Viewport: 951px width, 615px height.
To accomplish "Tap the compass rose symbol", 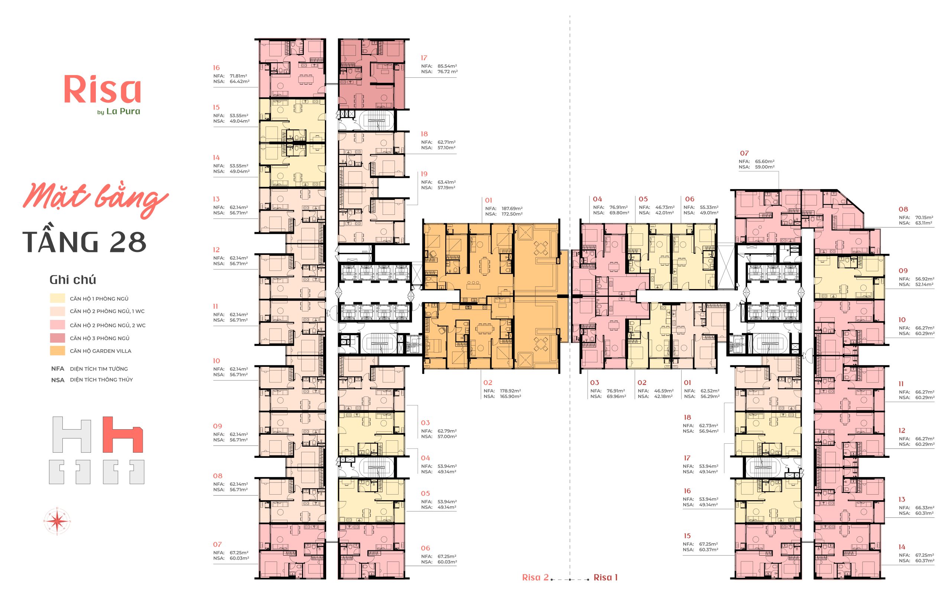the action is pyautogui.click(x=57, y=521).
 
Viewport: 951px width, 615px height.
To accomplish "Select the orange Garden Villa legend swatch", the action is pyautogui.click(x=58, y=351).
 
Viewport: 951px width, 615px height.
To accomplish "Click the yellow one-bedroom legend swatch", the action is pyautogui.click(x=58, y=298).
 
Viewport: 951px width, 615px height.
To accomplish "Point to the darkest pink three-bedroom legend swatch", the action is pyautogui.click(x=58, y=338).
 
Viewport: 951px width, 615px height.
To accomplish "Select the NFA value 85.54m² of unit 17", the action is pyautogui.click(x=447, y=66).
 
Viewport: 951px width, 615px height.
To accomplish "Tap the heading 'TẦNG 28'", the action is pyautogui.click(x=85, y=242).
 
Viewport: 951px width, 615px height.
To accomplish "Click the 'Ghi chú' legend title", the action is pyautogui.click(x=73, y=279).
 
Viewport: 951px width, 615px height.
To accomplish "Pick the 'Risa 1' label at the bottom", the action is pyautogui.click(x=605, y=577).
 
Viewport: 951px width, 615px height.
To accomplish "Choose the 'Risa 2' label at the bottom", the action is pyautogui.click(x=535, y=577).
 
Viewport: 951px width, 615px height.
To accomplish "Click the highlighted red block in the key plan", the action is pyautogui.click(x=123, y=434).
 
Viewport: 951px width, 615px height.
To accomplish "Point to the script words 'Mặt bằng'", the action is pyautogui.click(x=96, y=200).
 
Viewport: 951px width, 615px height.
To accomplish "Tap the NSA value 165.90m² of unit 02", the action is pyautogui.click(x=510, y=396).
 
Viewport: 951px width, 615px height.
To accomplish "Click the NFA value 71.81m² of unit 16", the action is pyautogui.click(x=238, y=76).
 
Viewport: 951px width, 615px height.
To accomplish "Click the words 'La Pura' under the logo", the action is pyautogui.click(x=123, y=111).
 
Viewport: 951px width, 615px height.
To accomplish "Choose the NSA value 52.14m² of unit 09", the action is pyautogui.click(x=925, y=285).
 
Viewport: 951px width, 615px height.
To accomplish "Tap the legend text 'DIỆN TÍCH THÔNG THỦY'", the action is pyautogui.click(x=101, y=380).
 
